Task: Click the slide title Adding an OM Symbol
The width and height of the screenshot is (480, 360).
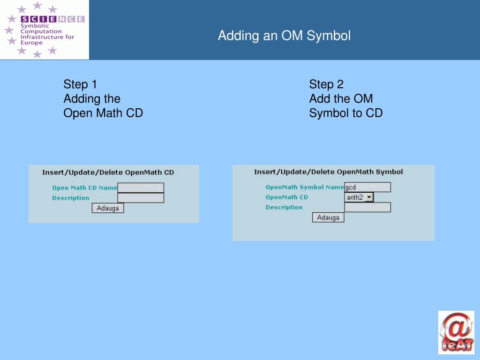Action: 284,36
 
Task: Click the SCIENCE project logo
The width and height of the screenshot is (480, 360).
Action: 45,30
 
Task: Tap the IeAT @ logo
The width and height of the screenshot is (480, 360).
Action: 456,332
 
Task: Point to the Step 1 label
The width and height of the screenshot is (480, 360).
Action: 80,84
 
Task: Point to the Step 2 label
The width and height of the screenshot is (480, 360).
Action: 326,84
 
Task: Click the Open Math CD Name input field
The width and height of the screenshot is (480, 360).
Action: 141,187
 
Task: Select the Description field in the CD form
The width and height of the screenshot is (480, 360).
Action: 141,198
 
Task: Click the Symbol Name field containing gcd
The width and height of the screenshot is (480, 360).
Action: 367,187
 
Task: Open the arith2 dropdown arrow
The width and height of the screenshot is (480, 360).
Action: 369,197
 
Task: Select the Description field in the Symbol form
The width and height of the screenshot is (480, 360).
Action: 367,207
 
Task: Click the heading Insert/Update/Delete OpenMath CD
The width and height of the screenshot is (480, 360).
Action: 108,172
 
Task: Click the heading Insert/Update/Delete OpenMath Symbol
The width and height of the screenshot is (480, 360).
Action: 328,172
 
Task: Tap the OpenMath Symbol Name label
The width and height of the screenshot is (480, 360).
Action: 305,187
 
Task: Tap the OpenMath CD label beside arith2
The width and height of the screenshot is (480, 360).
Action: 287,197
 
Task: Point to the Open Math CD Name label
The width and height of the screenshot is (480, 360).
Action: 84,187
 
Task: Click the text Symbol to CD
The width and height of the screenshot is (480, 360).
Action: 346,113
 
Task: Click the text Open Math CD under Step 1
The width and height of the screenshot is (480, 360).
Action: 103,113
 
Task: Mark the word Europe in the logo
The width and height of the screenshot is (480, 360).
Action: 31,43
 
